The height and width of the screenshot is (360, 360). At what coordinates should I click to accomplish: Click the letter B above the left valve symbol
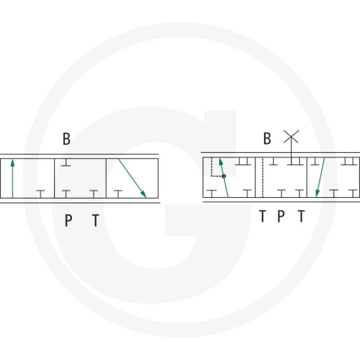coord(67,139)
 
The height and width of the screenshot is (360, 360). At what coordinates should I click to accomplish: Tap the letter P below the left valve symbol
coord(68,220)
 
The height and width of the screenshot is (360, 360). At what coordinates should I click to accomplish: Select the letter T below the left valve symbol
coord(95,220)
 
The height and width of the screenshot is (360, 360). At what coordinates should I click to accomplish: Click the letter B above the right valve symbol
coord(267,139)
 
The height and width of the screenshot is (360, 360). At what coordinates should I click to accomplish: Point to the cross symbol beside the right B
coord(291,136)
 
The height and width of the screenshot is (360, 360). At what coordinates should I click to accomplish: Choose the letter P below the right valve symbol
coord(281,216)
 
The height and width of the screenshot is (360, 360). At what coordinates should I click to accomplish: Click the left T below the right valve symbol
coord(262,216)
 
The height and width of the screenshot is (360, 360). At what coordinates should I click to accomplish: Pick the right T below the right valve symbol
coord(301,216)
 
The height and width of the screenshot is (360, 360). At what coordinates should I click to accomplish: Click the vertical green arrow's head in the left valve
coord(13,163)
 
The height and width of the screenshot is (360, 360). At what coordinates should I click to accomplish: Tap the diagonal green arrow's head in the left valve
coord(143,194)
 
